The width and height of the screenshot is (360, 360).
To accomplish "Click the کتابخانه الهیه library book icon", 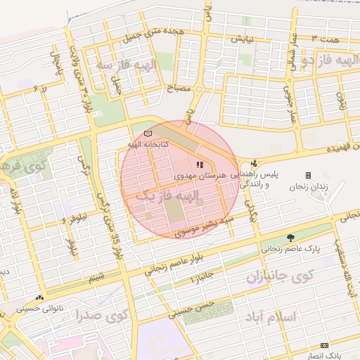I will (x=147, y=133).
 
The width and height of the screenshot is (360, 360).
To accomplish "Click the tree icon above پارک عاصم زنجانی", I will (x=291, y=238).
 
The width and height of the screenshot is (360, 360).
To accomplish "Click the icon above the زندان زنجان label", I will (x=308, y=175).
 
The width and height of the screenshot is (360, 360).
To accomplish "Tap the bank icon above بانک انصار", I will (x=324, y=345).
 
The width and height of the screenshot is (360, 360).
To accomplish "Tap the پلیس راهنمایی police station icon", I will (x=254, y=163).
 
